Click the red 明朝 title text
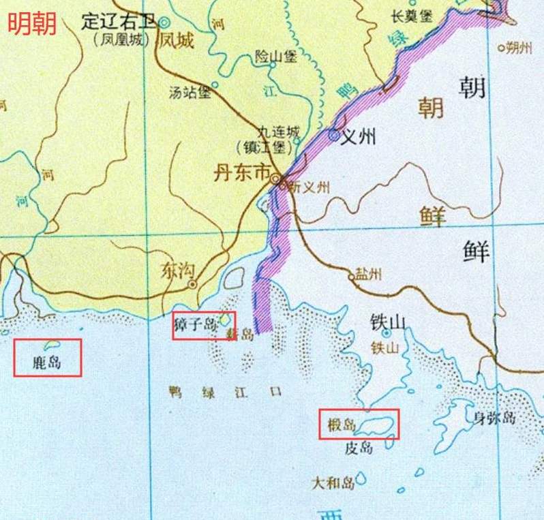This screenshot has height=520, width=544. [x=32, y=24]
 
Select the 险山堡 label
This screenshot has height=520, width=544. [x=275, y=57]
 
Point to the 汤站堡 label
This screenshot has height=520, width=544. [x=190, y=93]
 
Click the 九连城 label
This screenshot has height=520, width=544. [x=277, y=132]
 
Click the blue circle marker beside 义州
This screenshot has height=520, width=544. [x=334, y=135]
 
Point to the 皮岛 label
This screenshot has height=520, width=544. [x=359, y=448]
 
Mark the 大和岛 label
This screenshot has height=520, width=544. [x=332, y=483]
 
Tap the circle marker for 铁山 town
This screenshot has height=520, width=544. [x=387, y=334]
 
